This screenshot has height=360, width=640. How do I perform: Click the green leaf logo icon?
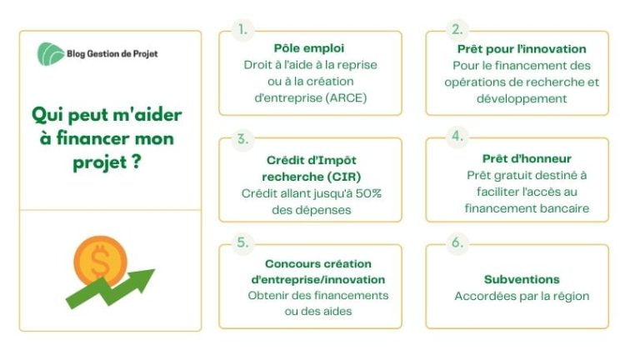51,54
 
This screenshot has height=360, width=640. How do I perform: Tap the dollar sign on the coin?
100,260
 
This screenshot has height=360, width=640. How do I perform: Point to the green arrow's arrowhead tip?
155,269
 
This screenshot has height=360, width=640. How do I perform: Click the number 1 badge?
242,29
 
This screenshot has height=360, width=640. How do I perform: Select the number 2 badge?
457,29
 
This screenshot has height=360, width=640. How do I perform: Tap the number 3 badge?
242,139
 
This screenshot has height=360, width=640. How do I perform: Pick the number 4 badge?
457,136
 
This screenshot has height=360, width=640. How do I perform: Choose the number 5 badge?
242,242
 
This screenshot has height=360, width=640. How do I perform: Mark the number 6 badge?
457,242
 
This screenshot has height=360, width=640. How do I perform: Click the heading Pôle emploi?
309,48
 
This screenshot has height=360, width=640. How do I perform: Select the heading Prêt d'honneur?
527,158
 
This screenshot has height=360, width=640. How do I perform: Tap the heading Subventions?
522,280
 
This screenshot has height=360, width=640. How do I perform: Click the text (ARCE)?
346,98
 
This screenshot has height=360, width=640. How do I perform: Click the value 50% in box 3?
368,193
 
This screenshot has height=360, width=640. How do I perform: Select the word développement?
522,99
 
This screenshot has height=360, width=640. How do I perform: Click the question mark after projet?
137,161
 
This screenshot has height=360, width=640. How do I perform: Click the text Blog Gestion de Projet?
112,54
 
